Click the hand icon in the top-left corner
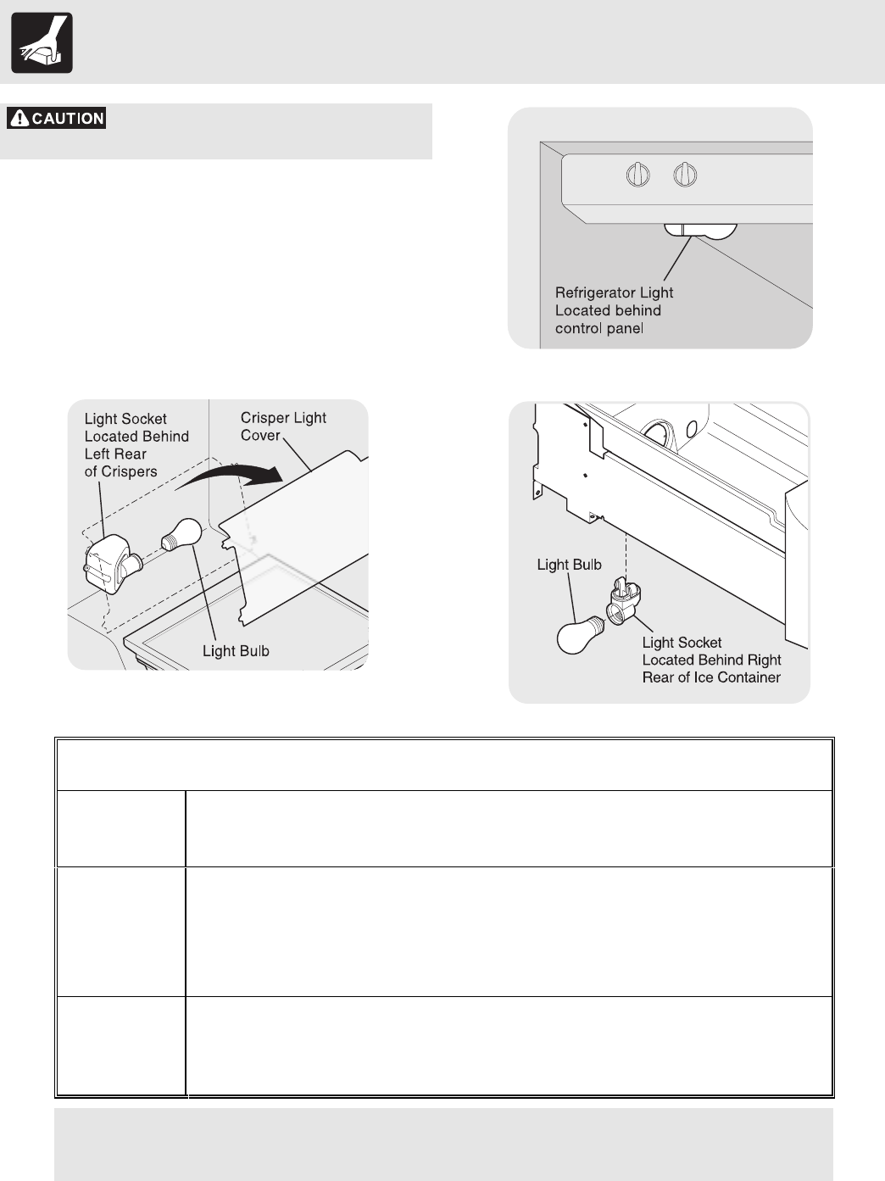(x=42, y=42)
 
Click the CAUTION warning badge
(x=57, y=119)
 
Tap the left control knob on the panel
(x=637, y=175)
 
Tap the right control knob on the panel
(x=685, y=175)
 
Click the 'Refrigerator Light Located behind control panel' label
(x=614, y=310)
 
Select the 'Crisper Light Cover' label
(x=283, y=426)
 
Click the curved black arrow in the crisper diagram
(x=234, y=479)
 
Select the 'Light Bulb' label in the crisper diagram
(x=236, y=651)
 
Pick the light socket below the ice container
(x=626, y=604)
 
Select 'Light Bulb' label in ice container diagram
(x=569, y=565)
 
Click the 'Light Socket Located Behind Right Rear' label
(x=711, y=660)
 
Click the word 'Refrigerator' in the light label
(x=595, y=292)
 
